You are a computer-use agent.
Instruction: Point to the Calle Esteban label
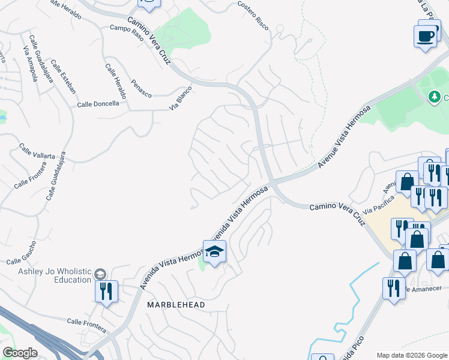[64, 76]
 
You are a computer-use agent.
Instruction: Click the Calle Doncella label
[98, 104]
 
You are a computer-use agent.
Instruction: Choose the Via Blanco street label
[180, 98]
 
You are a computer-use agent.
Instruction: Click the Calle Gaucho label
[22, 253]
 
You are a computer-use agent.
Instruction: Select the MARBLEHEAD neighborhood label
[176, 305]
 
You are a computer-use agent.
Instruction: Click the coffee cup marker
[426, 36]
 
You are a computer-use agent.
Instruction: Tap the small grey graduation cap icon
[100, 274]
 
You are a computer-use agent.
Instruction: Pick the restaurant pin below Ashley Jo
[106, 292]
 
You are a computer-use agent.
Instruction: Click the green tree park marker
[434, 97]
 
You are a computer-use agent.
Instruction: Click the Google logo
[19, 353]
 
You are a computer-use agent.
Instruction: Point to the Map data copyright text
[412, 355]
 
